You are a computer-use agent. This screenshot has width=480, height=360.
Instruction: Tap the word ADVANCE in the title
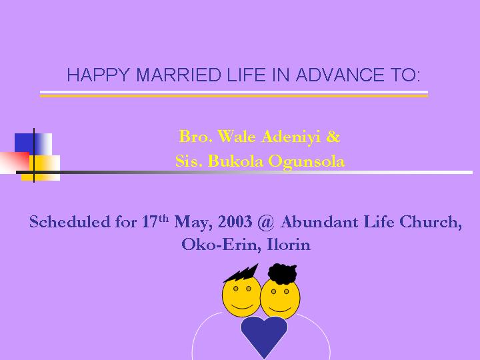tap(340, 75)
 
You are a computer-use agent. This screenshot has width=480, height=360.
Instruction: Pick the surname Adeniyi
tap(291, 137)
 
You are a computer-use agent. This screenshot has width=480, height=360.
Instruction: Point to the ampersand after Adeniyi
tap(333, 137)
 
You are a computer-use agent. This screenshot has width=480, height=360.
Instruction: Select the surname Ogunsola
tap(307, 162)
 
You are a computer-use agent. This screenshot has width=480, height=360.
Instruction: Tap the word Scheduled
tap(70, 221)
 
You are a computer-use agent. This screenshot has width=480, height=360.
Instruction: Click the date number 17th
tap(155, 221)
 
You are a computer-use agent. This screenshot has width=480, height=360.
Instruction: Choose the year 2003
tap(235, 221)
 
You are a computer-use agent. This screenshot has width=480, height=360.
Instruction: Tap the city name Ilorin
tap(289, 244)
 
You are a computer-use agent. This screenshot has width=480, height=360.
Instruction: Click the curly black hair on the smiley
tap(282, 273)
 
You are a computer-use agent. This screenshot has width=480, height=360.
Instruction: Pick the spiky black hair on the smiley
tap(242, 273)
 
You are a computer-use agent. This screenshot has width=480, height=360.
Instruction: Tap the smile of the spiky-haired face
tap(242, 306)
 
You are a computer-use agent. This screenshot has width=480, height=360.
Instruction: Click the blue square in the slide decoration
tap(24, 144)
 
